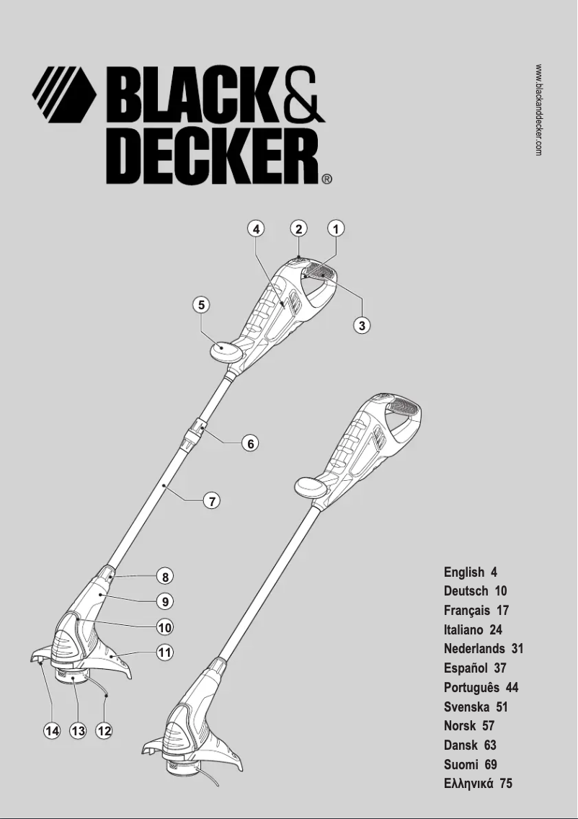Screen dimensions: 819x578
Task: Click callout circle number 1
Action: [x=335, y=229]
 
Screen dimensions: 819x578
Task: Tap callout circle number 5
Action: [x=203, y=305]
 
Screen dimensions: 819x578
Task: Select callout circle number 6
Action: [x=250, y=443]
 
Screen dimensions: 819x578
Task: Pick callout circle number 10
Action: [x=165, y=627]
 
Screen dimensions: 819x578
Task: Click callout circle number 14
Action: [x=52, y=731]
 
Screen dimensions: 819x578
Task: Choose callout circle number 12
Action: [x=105, y=731]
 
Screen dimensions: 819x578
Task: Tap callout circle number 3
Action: [x=363, y=325]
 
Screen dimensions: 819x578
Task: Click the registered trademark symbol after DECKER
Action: [x=326, y=180]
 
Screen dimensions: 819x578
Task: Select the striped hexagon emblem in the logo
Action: [x=64, y=94]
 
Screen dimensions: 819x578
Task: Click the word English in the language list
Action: [x=464, y=572]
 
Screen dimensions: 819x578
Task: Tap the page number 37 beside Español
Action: [x=500, y=668]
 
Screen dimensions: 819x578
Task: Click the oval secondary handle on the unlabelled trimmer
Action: [x=311, y=487]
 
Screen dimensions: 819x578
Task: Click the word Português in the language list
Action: [x=471, y=688]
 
